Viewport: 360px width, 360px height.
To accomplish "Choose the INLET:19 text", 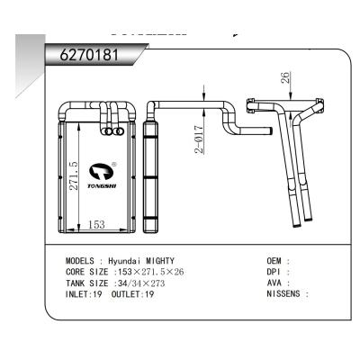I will (84, 293).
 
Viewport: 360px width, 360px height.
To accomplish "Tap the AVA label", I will (275, 282).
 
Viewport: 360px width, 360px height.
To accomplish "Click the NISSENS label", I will (284, 293).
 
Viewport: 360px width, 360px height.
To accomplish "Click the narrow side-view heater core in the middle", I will (150, 175).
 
